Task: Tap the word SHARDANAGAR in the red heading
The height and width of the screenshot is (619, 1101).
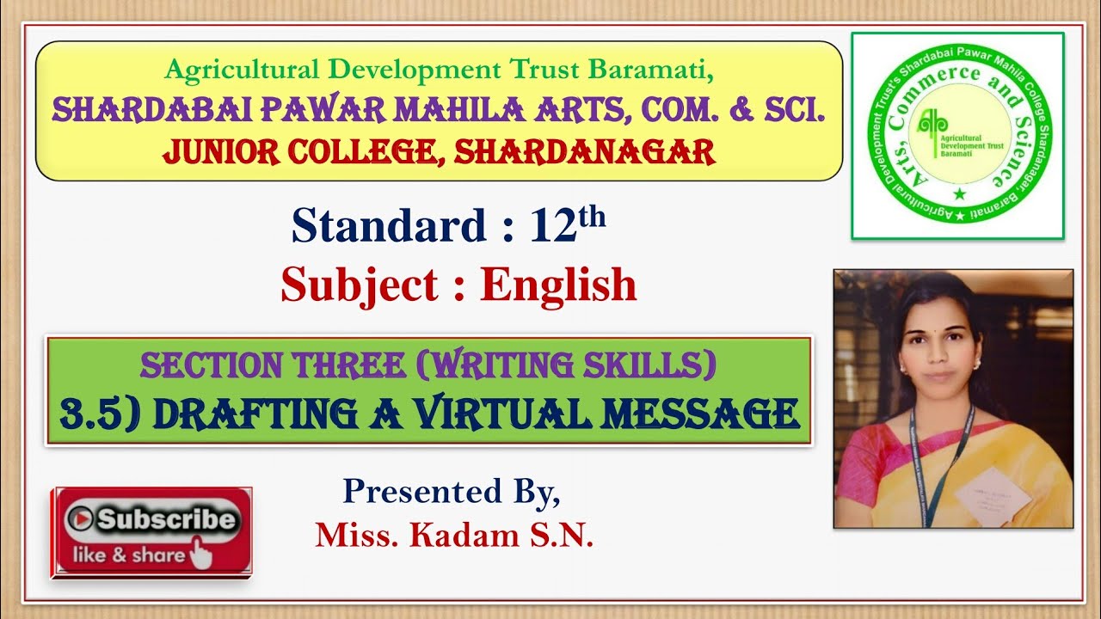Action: [585, 152]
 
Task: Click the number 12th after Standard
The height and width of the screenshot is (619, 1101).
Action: [568, 226]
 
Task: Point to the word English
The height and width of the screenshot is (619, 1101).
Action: [558, 285]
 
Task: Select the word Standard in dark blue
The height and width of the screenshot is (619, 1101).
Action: [390, 226]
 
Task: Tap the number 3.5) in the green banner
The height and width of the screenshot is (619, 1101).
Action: [102, 414]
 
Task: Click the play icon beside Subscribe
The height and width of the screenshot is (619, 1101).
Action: [83, 518]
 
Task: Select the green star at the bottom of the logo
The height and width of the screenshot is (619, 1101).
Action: [959, 194]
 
